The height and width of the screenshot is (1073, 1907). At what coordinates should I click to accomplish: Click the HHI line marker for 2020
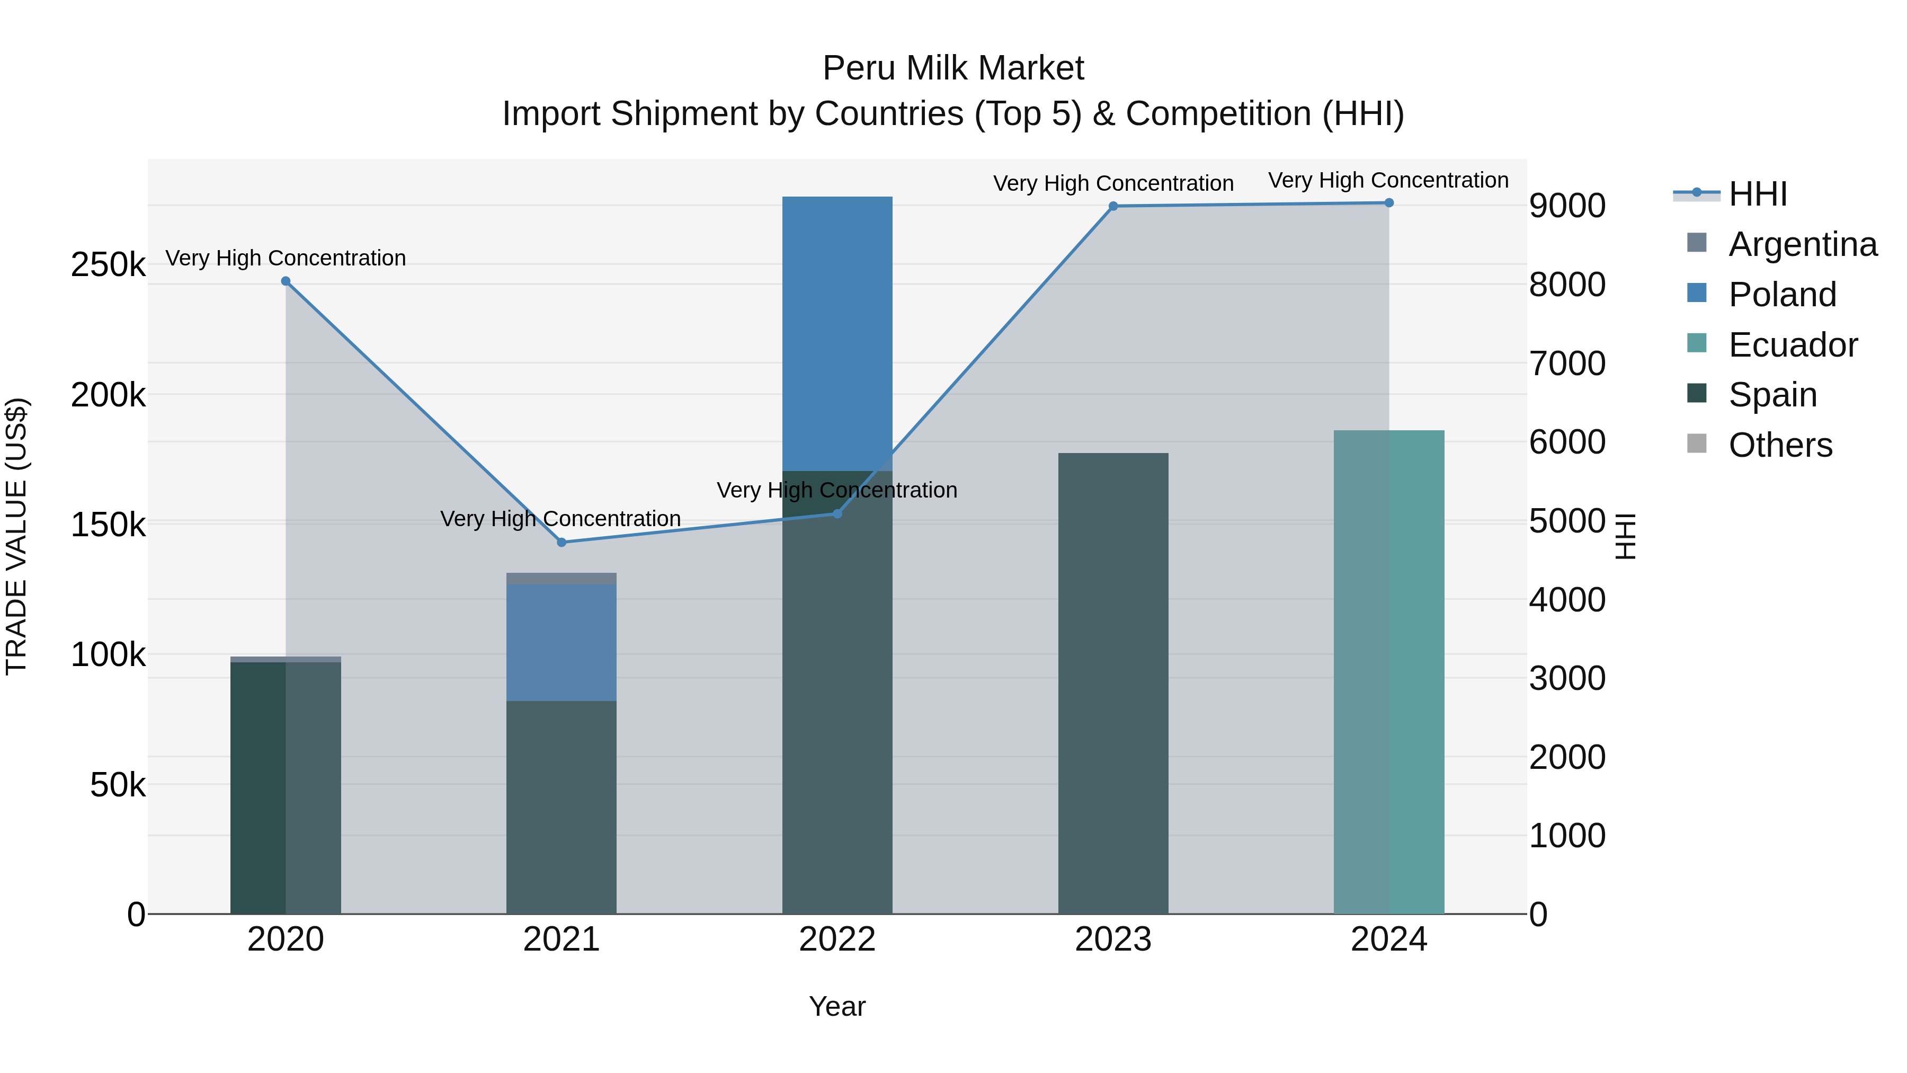tap(286, 281)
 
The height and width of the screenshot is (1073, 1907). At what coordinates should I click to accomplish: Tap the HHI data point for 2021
tap(561, 542)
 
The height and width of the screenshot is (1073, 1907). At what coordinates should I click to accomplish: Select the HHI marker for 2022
tap(837, 514)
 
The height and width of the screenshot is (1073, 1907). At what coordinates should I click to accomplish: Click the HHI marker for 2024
tap(1389, 203)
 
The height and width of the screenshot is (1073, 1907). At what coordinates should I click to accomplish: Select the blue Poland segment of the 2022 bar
tap(837, 333)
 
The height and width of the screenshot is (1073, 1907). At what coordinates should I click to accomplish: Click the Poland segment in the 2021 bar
tap(561, 642)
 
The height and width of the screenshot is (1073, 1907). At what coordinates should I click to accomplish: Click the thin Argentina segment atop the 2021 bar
tap(561, 578)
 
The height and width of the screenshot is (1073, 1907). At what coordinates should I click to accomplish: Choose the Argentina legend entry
tap(1802, 244)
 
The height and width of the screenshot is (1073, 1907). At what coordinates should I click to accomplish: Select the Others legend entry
tap(1780, 445)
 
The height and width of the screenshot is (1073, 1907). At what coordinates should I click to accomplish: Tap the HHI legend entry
tap(1758, 194)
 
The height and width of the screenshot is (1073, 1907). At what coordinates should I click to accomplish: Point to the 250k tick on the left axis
tap(108, 264)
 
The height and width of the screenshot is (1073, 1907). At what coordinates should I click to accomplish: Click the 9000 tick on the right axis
tap(1567, 206)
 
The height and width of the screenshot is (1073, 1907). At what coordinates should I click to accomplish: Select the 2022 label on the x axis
tap(837, 939)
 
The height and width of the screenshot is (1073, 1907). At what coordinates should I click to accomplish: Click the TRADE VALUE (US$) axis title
tap(16, 536)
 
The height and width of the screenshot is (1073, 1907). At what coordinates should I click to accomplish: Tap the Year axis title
tap(837, 1006)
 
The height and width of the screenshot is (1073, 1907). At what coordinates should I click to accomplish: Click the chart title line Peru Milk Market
tap(953, 68)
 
